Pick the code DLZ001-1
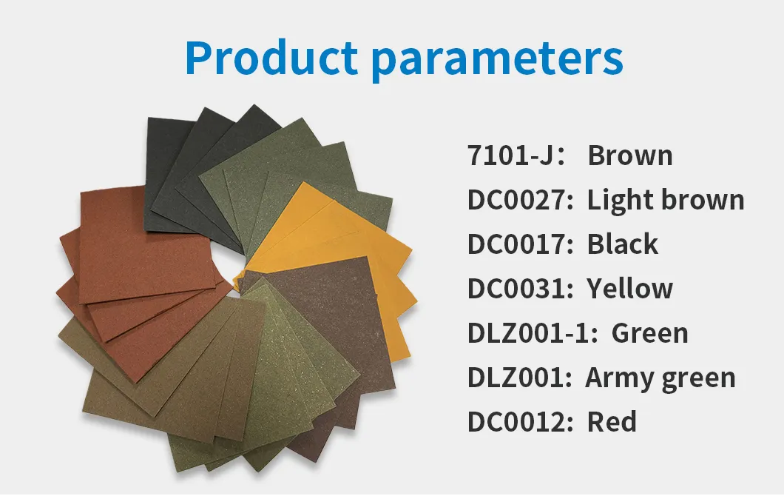[532, 333]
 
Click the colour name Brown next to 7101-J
[630, 156]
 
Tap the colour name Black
[623, 244]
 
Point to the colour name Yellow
[630, 289]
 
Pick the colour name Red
[612, 422]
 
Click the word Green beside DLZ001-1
[650, 333]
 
